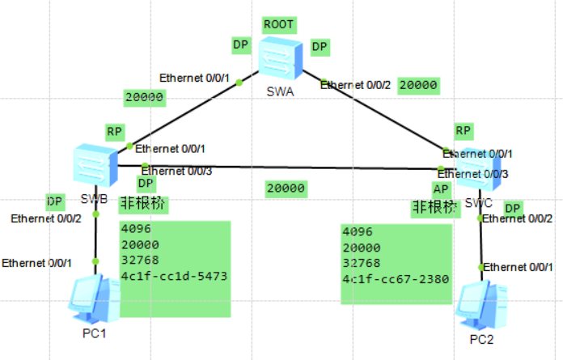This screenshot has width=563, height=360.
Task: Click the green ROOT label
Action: (x=279, y=23)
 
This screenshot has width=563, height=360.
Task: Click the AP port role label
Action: (x=441, y=188)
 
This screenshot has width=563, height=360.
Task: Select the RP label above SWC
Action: (x=463, y=131)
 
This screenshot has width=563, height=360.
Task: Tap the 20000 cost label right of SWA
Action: (x=419, y=85)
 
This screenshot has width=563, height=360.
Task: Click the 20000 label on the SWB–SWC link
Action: (x=286, y=188)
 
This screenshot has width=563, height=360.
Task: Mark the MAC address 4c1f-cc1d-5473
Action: (x=173, y=277)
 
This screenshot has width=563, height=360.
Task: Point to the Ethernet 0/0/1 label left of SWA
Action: (x=195, y=78)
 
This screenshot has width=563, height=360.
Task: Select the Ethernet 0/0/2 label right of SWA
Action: (x=356, y=84)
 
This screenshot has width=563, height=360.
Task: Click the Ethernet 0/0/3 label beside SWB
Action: (x=176, y=171)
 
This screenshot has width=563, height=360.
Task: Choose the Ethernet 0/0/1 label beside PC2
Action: (x=519, y=266)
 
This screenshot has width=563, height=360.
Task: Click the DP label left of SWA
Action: (x=241, y=45)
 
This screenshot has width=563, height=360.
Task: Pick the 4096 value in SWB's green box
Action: (x=135, y=228)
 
